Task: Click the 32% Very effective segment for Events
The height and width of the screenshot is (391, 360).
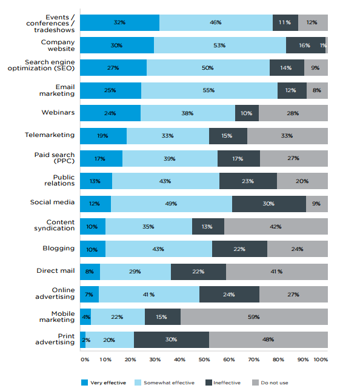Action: click(x=119, y=22)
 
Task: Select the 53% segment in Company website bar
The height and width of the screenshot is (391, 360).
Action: click(x=219, y=45)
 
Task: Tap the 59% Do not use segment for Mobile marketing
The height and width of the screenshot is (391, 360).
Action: click(x=254, y=317)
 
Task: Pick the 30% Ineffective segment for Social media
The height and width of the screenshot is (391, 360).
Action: click(x=268, y=204)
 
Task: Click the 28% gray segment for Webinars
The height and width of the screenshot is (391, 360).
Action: click(x=293, y=113)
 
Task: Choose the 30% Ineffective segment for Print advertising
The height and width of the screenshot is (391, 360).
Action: click(x=172, y=339)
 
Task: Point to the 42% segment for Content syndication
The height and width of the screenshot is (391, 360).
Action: click(x=276, y=227)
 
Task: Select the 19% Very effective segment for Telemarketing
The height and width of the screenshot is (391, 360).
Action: click(x=103, y=136)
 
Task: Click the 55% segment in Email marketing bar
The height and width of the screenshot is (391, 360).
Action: click(x=209, y=90)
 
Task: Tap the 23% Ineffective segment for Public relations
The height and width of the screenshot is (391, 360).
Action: click(x=248, y=181)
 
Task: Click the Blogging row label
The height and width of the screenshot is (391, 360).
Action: click(x=59, y=248)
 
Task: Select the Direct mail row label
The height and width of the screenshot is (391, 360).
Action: click(x=55, y=270)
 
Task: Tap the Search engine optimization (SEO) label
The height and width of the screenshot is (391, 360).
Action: click(x=50, y=65)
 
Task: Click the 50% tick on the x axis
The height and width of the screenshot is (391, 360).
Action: click(x=204, y=359)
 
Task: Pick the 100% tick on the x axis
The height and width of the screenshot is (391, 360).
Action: click(x=321, y=359)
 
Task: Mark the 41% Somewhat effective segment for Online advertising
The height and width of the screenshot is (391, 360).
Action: click(x=148, y=295)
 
